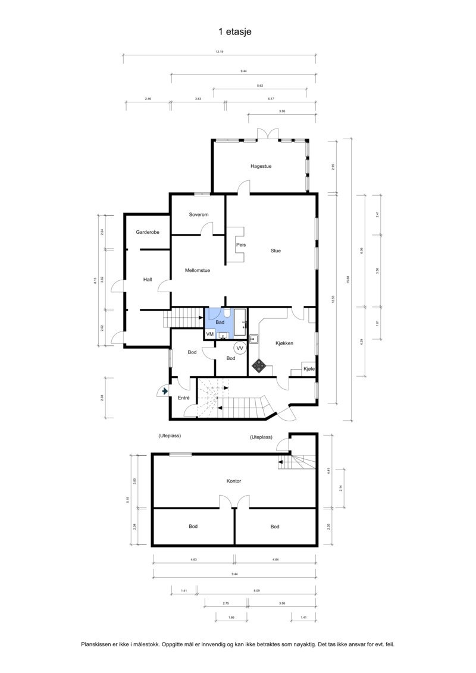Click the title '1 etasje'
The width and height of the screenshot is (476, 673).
pyautogui.click(x=235, y=32)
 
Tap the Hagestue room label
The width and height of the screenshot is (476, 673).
pyautogui.click(x=261, y=166)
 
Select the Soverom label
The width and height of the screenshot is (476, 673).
pyautogui.click(x=198, y=214)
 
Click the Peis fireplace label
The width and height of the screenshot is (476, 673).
pyautogui.click(x=241, y=245)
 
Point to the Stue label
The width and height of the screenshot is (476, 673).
pyautogui.click(x=275, y=251)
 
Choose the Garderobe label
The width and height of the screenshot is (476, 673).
pyautogui.click(x=147, y=232)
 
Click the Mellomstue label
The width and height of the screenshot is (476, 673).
pyautogui.click(x=197, y=270)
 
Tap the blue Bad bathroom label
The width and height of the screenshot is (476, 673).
pyautogui.click(x=220, y=322)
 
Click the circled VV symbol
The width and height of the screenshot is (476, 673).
pyautogui.click(x=240, y=348)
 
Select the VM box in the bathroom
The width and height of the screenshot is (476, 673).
pyautogui.click(x=210, y=334)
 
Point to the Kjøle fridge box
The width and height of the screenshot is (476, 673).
pyautogui.click(x=309, y=369)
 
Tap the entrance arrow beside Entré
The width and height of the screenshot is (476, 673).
pyautogui.click(x=164, y=391)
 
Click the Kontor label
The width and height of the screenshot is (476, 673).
pyautogui.click(x=234, y=481)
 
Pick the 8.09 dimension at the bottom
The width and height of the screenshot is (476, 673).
pyautogui.click(x=256, y=590)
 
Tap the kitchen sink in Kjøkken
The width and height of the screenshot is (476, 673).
pyautogui.click(x=253, y=340)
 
